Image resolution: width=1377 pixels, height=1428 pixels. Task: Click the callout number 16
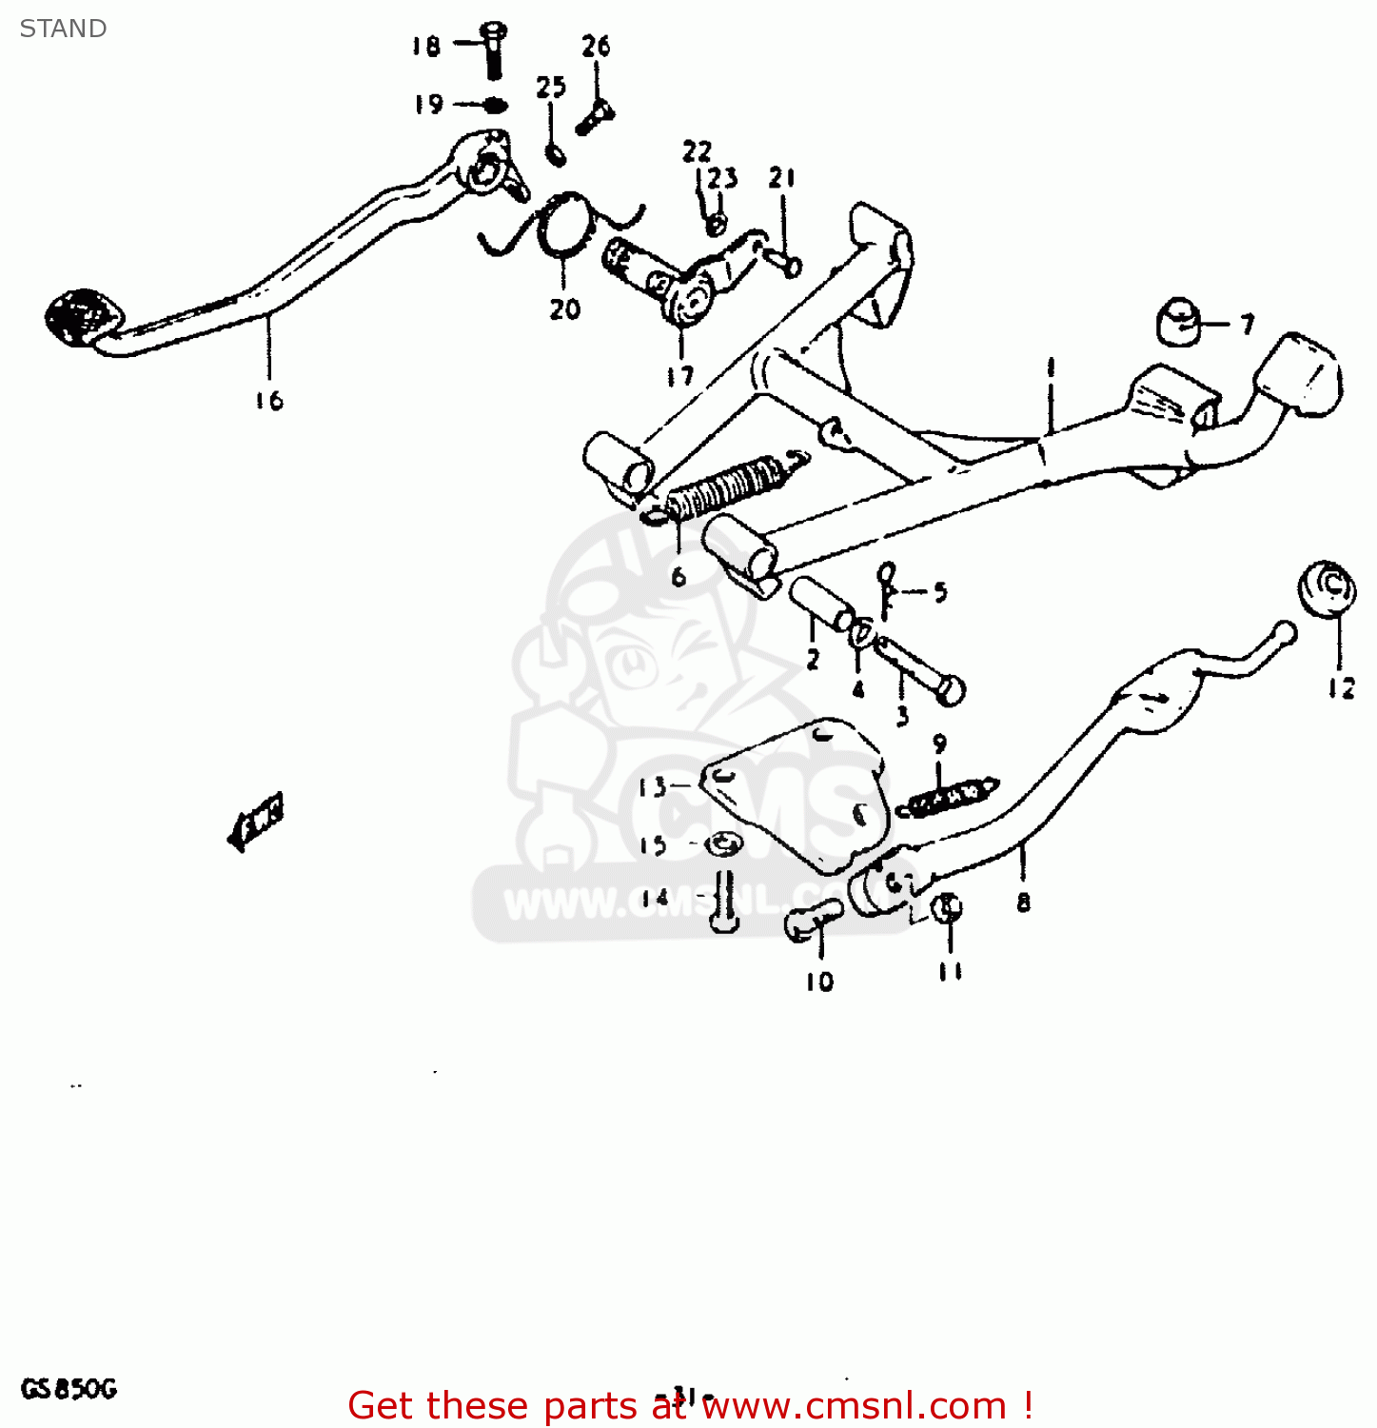click(x=269, y=401)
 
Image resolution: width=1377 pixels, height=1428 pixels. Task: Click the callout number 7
click(x=1248, y=325)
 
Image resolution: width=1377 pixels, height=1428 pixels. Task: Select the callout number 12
click(x=1341, y=687)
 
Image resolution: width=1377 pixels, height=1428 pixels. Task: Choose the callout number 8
click(x=1023, y=902)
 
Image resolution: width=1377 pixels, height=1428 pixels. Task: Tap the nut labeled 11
click(x=948, y=907)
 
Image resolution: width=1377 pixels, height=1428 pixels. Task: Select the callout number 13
click(x=653, y=787)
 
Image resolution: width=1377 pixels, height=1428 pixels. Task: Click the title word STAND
click(x=63, y=29)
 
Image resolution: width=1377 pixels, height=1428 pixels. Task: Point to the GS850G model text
click(x=69, y=1389)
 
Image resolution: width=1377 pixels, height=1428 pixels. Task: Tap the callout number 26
click(x=596, y=46)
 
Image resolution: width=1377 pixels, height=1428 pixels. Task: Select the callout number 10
click(x=819, y=981)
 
